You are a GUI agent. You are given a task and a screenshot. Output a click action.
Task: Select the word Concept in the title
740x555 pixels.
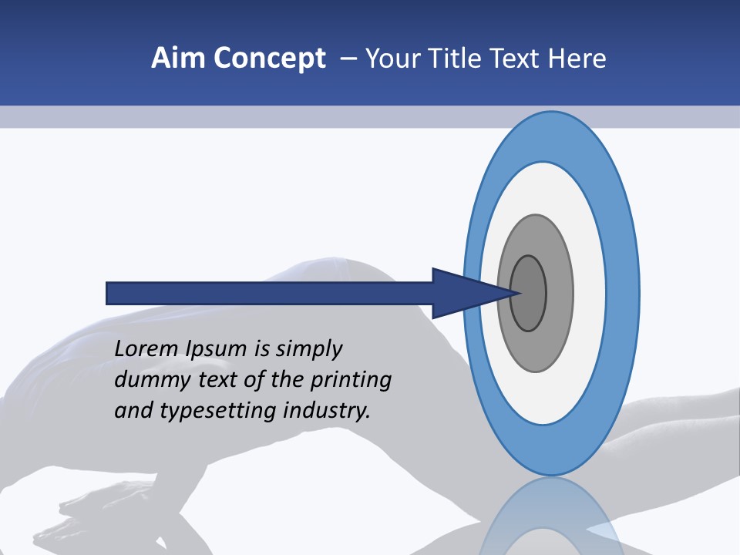click(269, 59)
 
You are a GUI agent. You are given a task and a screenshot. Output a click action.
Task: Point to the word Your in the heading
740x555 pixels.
click(392, 59)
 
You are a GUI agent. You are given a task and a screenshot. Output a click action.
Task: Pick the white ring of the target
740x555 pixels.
click(590, 293)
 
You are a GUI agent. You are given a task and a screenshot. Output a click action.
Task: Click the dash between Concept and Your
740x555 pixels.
click(348, 59)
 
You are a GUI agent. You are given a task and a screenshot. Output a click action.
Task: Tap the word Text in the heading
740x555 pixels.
click(515, 59)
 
